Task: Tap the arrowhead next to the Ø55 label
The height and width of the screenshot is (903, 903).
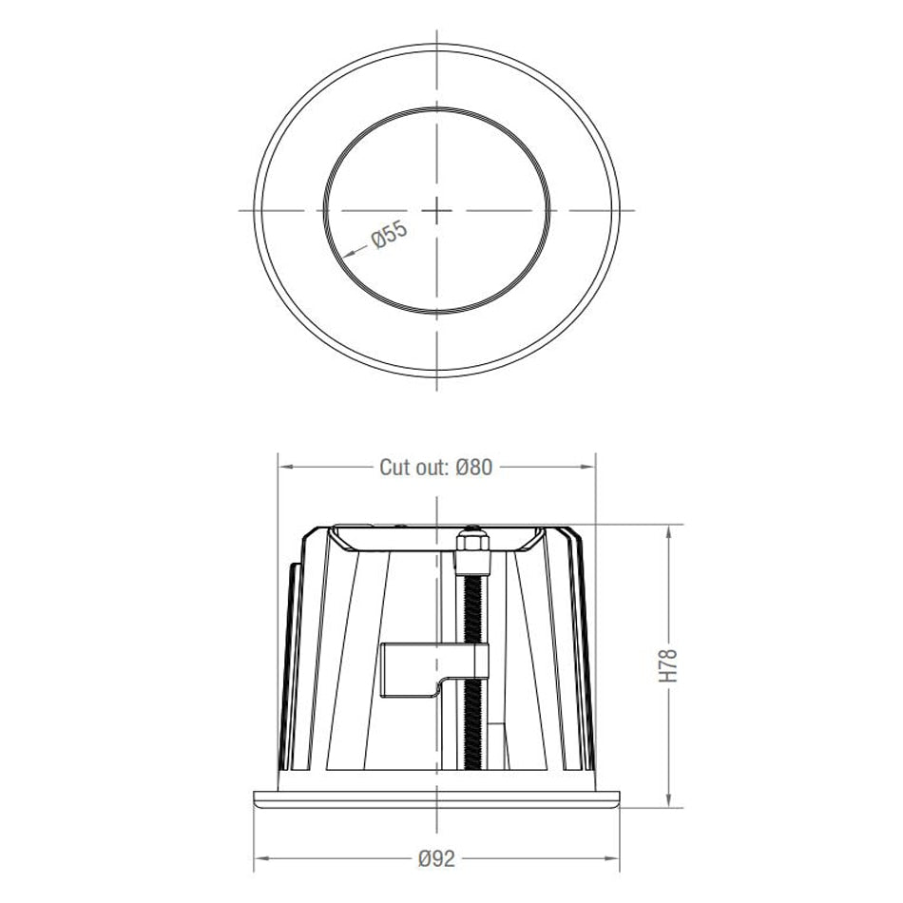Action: (x=345, y=252)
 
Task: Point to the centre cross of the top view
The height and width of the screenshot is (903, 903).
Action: (x=435, y=208)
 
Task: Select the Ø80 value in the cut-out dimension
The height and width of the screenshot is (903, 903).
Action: (x=473, y=467)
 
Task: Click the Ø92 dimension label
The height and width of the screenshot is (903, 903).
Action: (x=436, y=857)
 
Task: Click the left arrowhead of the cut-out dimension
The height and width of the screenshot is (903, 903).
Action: (x=283, y=467)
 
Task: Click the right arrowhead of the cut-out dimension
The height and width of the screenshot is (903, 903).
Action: (x=589, y=467)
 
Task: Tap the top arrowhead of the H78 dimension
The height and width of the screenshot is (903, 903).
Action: (x=670, y=529)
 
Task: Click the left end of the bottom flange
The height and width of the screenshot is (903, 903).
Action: (x=258, y=797)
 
